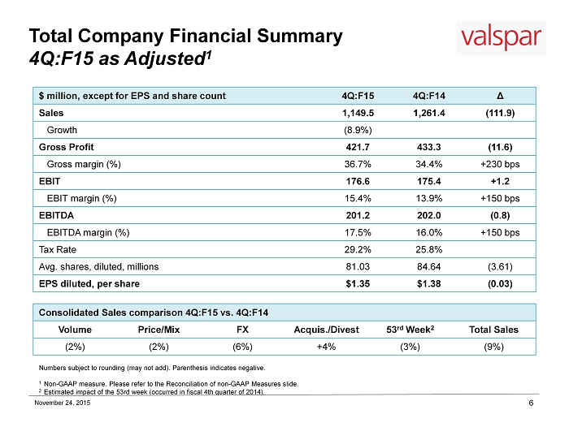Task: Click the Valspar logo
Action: [501, 37]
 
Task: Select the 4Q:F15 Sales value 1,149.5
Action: [358, 113]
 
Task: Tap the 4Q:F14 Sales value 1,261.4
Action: [429, 113]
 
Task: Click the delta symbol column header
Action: [500, 96]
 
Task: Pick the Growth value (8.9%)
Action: [358, 130]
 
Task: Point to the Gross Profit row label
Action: [66, 147]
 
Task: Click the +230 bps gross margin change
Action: [500, 164]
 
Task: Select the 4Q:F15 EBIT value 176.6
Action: [358, 181]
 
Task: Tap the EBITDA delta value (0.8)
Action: [500, 216]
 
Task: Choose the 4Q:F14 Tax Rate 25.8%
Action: [429, 250]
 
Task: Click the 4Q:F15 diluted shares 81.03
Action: [358, 267]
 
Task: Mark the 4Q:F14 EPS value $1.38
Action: [429, 284]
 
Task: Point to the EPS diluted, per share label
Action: [89, 284]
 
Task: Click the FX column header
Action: [242, 330]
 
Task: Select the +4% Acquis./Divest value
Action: [326, 347]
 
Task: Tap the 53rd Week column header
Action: [410, 330]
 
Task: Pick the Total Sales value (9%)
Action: [494, 347]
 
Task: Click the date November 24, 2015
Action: [63, 403]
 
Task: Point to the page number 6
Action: [531, 403]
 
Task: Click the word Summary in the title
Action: [300, 36]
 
